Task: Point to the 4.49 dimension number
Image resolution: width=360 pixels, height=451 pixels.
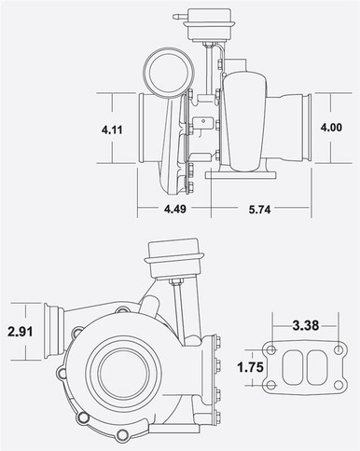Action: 174,209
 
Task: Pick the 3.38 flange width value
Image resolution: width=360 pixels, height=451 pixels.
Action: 305,326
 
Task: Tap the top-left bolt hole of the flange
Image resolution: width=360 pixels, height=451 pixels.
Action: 270,351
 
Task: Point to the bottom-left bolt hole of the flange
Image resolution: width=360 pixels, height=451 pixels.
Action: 270,383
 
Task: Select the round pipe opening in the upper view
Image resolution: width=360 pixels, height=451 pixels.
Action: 166,72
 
